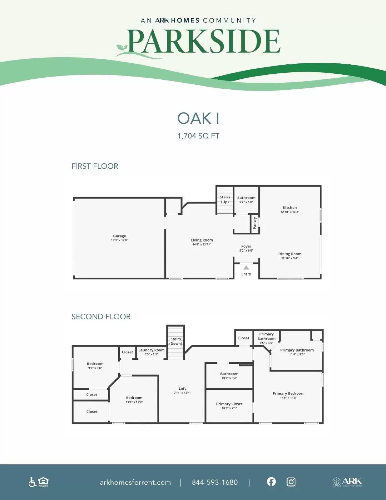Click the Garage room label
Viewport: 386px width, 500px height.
pyautogui.click(x=120, y=236)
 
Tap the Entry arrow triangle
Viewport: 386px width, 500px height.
pyautogui.click(x=246, y=267)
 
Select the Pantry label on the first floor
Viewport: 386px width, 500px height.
pyautogui.click(x=255, y=223)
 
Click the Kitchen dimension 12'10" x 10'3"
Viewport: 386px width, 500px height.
pyautogui.click(x=290, y=212)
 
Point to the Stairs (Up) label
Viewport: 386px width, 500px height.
pyautogui.click(x=225, y=199)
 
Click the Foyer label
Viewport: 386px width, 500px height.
pyautogui.click(x=246, y=246)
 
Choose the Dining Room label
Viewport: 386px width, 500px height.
pyautogui.click(x=290, y=254)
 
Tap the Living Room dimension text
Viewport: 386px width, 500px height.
pyautogui.click(x=202, y=244)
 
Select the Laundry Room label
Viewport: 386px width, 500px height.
pyautogui.click(x=151, y=350)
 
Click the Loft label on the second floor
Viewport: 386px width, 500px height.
pyautogui.click(x=182, y=388)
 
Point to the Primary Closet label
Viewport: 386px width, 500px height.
pyautogui.click(x=229, y=404)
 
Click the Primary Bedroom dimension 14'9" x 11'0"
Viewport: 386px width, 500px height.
pyautogui.click(x=288, y=398)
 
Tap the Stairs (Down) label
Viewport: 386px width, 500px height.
pyautogui.click(x=176, y=341)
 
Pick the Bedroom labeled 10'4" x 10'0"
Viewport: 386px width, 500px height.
pyautogui.click(x=134, y=398)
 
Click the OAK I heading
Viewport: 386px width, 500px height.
pyautogui.click(x=198, y=118)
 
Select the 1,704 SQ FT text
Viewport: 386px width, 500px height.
pyautogui.click(x=198, y=136)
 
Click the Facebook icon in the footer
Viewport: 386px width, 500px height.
pyautogui.click(x=271, y=482)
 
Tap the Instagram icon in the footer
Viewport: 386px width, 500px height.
pyautogui.click(x=291, y=482)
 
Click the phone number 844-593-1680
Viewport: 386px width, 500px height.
pyautogui.click(x=215, y=482)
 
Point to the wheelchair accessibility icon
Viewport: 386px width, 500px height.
pyautogui.click(x=32, y=482)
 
